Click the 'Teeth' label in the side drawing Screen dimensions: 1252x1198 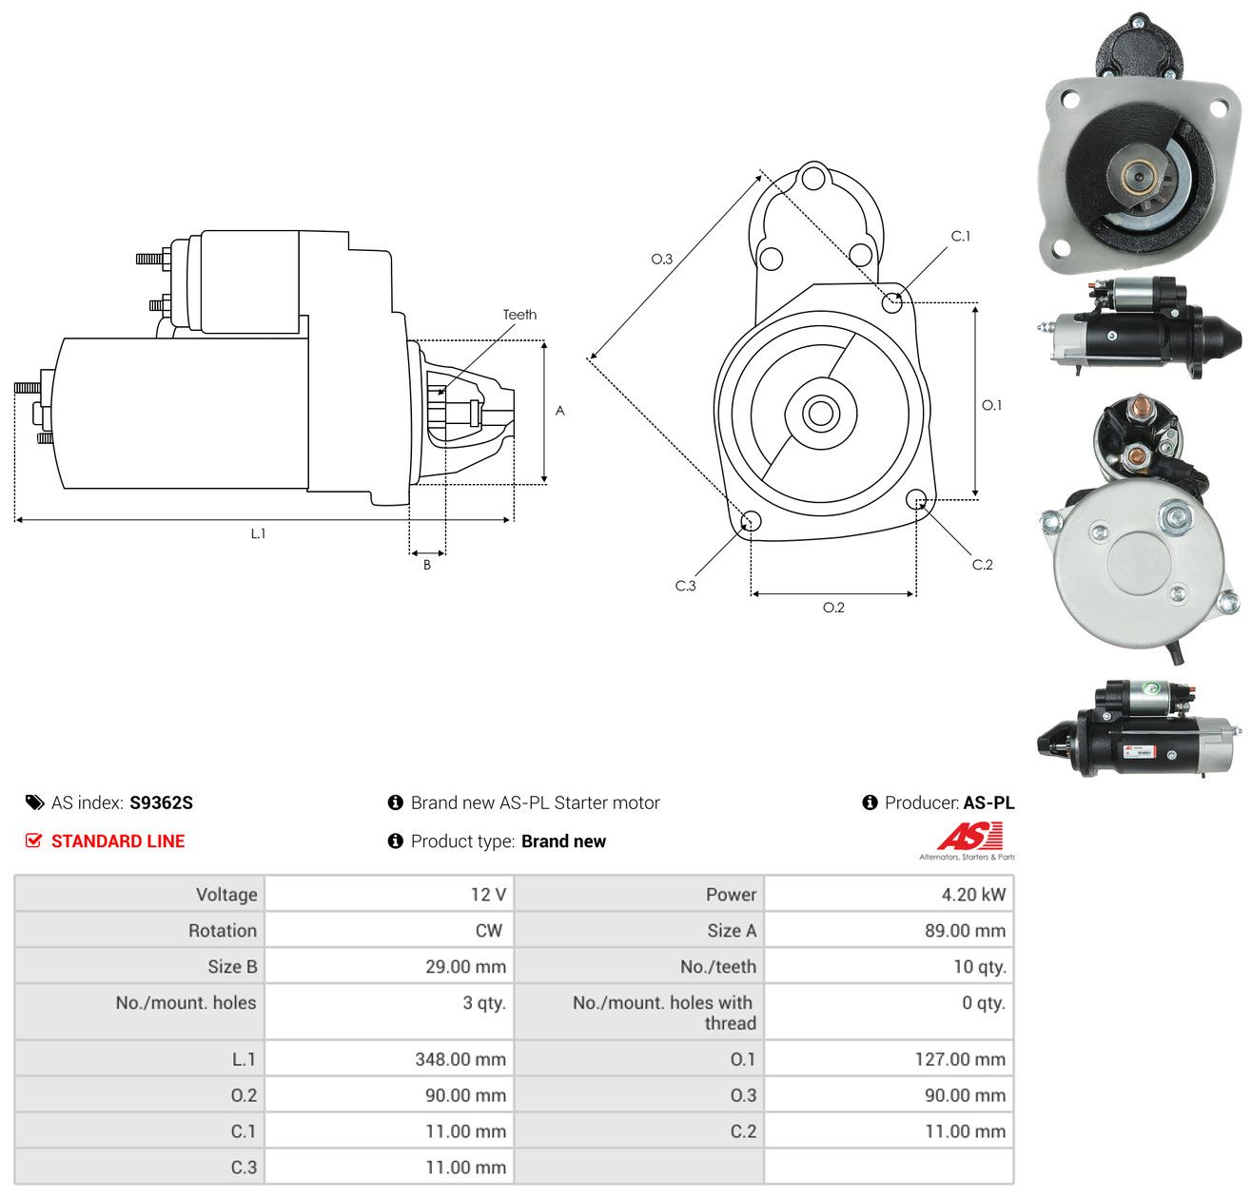point(518,315)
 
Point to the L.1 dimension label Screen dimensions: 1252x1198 point(258,533)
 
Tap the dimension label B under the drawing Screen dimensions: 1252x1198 point(426,565)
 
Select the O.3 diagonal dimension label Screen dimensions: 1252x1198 point(661,259)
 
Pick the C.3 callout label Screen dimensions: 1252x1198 point(685,585)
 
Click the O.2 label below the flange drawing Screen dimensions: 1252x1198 point(832,607)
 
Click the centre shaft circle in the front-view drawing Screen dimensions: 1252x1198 point(820,414)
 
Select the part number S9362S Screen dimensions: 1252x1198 point(161,802)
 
